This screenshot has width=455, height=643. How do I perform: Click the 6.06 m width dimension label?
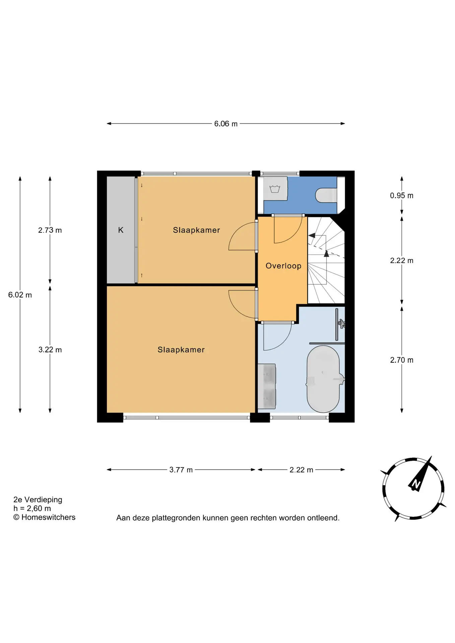(226, 124)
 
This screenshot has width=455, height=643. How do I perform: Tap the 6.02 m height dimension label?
(20, 295)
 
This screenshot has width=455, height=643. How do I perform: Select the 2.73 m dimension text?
(50, 230)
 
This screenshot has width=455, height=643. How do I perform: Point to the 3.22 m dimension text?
(50, 350)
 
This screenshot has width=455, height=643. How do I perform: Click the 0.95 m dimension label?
(401, 196)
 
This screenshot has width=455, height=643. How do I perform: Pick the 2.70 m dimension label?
(401, 360)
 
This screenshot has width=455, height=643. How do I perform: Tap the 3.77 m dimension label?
(181, 470)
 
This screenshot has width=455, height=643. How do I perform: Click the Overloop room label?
(283, 266)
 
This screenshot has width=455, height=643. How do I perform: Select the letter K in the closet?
(121, 230)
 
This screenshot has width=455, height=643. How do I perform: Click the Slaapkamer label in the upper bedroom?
(196, 230)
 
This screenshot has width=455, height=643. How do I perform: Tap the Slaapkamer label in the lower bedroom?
(181, 350)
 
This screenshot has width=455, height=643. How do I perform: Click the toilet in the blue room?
(326, 195)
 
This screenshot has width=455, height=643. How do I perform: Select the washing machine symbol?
(275, 189)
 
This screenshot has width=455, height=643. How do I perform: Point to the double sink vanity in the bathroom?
(267, 386)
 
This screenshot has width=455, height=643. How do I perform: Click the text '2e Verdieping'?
(38, 500)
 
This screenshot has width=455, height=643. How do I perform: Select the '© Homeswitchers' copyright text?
(44, 517)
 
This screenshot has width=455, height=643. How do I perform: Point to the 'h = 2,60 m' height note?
(32, 508)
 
